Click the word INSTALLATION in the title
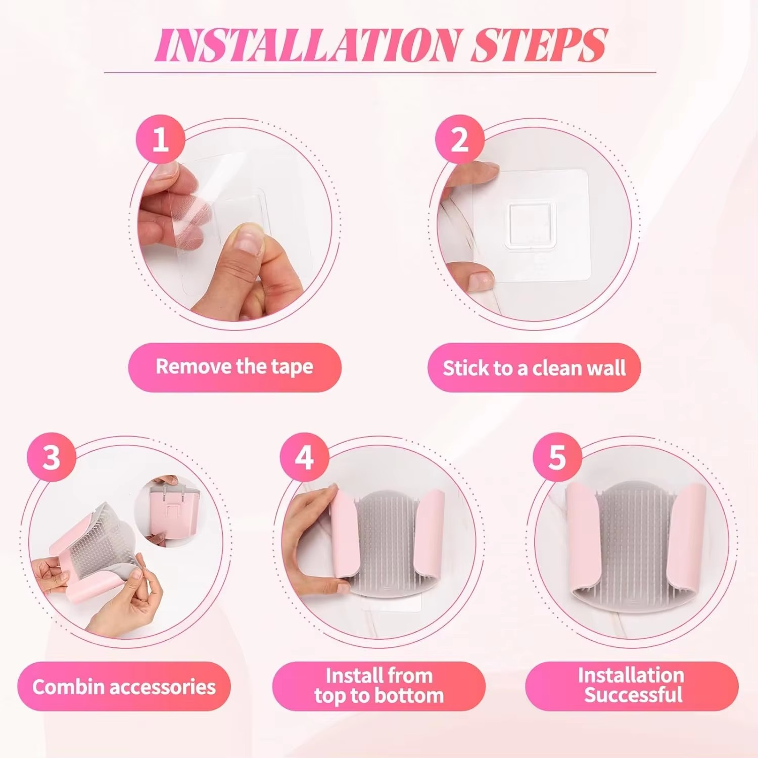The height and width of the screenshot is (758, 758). [x=309, y=45]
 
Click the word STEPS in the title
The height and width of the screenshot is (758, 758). [x=539, y=45]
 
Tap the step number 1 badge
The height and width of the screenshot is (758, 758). [x=160, y=139]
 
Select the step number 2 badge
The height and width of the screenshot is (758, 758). [x=459, y=139]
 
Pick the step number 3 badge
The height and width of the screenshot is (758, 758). [x=52, y=457]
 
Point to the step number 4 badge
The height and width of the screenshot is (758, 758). [x=304, y=457]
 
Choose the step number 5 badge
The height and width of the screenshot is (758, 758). [x=557, y=457]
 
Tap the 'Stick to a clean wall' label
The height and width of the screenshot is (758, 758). [x=534, y=367]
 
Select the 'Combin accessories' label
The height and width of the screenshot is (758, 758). [x=124, y=686]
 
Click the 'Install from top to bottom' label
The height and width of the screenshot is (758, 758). [x=379, y=686]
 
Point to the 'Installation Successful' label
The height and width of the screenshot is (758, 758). [x=632, y=686]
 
